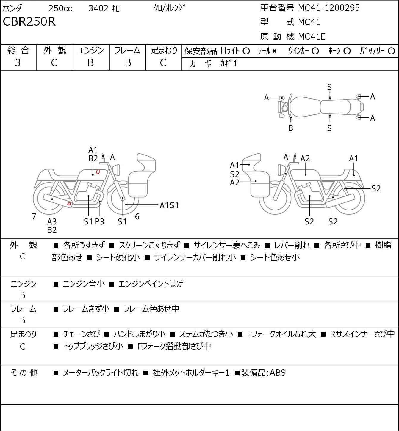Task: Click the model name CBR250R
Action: click(29, 22)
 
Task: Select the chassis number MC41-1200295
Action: click(329, 8)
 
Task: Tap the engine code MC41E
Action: click(312, 37)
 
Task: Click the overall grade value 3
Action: click(18, 63)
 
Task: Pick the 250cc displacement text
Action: click(60, 8)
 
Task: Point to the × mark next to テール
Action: click(274, 51)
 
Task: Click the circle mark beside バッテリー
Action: click(392, 51)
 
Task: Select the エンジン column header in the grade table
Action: click(91, 51)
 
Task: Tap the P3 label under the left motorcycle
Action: click(100, 222)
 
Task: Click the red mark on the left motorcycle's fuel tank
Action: click(98, 172)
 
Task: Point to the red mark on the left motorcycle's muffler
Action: click(69, 204)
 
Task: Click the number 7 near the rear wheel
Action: click(34, 216)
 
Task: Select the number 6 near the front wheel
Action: click(137, 216)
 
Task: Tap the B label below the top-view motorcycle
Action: click(291, 128)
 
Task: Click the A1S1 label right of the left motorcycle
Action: click(169, 205)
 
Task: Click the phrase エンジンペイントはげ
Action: click(151, 284)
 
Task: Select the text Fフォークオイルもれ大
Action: click(281, 334)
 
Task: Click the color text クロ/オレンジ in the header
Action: click(169, 8)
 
